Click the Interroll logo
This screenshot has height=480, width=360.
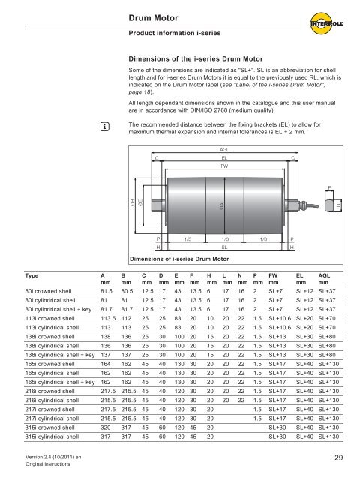[x=326, y=23]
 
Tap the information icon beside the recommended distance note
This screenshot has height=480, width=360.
[x=105, y=127]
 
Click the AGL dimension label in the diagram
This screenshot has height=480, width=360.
[x=224, y=150]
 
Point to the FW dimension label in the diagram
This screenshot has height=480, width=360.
[x=224, y=166]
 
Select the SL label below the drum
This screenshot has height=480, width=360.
[x=224, y=247]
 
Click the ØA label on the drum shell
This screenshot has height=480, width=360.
[x=222, y=205]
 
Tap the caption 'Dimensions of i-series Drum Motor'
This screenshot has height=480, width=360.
[x=179, y=259]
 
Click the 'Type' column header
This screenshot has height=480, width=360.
[x=31, y=275]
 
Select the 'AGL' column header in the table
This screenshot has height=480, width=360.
[x=324, y=275]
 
